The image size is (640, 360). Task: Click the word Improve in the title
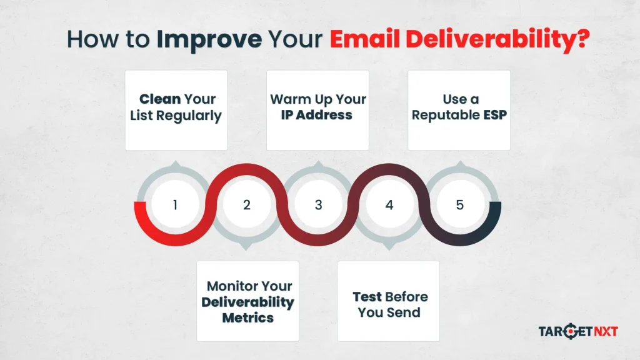click(x=209, y=39)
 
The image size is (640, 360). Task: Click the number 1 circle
click(x=175, y=205)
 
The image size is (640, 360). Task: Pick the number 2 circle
click(x=246, y=205)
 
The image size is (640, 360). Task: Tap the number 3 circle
click(x=317, y=205)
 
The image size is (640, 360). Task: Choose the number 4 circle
click(x=389, y=205)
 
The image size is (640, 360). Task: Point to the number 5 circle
click(x=460, y=205)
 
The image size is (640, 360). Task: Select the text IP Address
click(x=317, y=116)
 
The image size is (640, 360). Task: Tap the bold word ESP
click(x=494, y=116)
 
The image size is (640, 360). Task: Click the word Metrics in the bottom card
click(x=248, y=318)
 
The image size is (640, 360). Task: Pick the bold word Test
click(x=367, y=297)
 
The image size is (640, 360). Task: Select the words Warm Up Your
click(x=317, y=99)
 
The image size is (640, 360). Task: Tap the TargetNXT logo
click(x=578, y=331)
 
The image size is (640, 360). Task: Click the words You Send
click(x=388, y=312)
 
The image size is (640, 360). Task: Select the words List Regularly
click(x=176, y=116)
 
